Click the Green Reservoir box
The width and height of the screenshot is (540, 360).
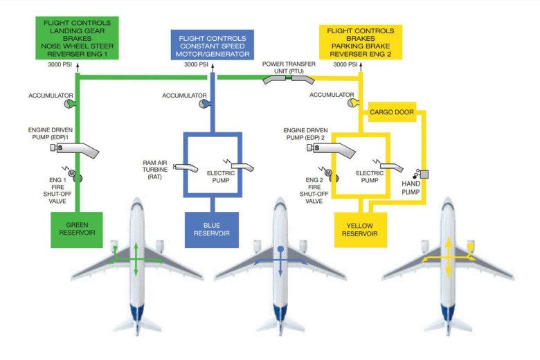[77, 229]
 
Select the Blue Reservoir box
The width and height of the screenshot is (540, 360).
[211, 229]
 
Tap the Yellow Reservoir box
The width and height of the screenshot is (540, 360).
[360, 229]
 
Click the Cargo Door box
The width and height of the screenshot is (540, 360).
[391, 111]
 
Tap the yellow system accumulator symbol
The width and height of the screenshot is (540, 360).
[353, 103]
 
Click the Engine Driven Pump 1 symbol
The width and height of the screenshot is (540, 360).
[75, 148]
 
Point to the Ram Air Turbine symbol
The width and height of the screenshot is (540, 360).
[186, 166]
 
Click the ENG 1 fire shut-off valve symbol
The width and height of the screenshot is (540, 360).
[76, 178]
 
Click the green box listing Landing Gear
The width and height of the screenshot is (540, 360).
[77, 39]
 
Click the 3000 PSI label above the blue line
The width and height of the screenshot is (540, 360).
[197, 64]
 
